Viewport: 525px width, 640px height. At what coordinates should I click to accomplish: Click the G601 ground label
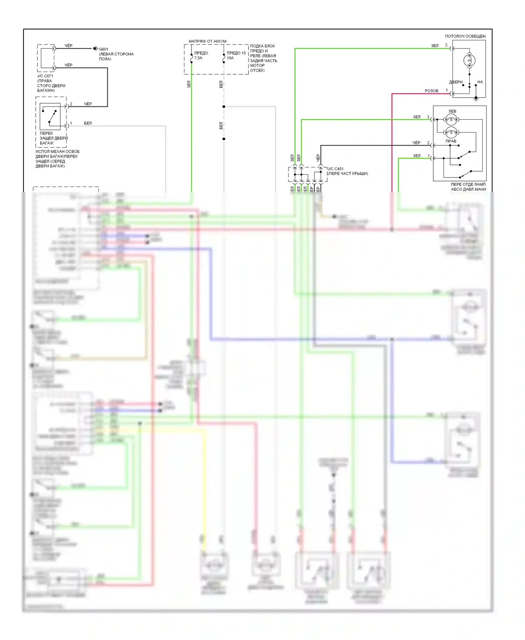[x=104, y=49]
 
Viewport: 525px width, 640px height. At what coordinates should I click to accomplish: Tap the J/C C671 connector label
[x=45, y=76]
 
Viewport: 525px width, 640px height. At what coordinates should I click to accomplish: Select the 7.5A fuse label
[x=198, y=58]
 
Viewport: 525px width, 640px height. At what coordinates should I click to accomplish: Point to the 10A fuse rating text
[x=230, y=58]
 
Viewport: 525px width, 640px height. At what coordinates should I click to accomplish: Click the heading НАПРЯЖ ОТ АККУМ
[x=208, y=41]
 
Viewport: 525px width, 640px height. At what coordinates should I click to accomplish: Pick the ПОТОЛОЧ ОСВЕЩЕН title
[x=465, y=36]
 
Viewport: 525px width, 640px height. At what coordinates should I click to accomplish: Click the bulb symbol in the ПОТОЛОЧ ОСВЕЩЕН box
[x=469, y=61]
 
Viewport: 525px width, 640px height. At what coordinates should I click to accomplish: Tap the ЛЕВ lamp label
[x=452, y=111]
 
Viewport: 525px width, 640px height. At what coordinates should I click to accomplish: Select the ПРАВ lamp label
[x=451, y=141]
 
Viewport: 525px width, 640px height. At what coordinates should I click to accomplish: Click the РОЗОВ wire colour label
[x=431, y=91]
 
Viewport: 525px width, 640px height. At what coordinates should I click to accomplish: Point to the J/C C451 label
[x=336, y=169]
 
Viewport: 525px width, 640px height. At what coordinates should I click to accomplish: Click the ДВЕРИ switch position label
[x=456, y=82]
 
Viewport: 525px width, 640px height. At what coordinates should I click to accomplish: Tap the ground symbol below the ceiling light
[x=476, y=100]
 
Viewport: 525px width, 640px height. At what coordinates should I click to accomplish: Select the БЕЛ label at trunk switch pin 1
[x=88, y=123]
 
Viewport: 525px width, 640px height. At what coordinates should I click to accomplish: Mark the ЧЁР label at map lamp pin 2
[x=416, y=143]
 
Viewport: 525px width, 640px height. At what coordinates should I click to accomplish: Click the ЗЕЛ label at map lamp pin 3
[x=416, y=117]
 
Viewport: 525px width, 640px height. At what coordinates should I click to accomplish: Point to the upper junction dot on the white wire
[x=224, y=106]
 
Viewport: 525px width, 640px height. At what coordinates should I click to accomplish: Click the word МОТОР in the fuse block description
[x=257, y=65]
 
